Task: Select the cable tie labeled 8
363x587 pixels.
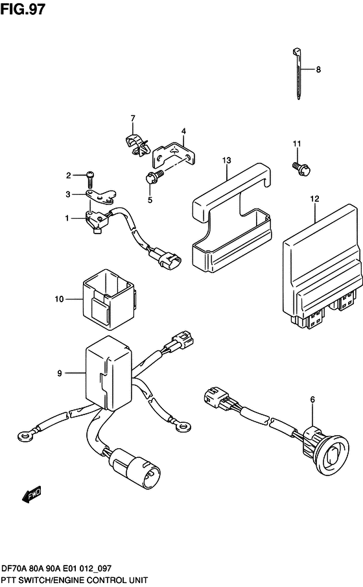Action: (x=296, y=71)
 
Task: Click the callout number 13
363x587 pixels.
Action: (x=226, y=160)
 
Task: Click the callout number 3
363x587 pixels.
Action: (x=67, y=193)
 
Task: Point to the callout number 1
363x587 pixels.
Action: (x=67, y=219)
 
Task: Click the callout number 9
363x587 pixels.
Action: (x=59, y=373)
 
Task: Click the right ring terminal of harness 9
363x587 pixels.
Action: (x=185, y=426)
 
